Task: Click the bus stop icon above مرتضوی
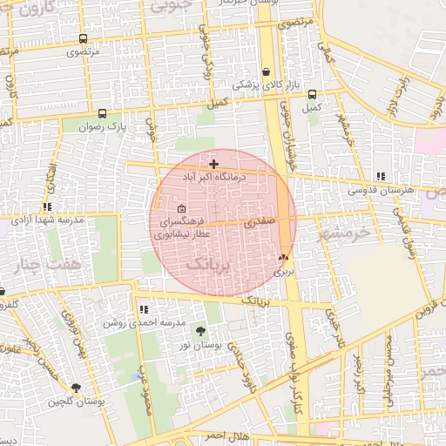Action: tap(83, 39)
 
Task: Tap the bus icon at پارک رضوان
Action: tap(103, 114)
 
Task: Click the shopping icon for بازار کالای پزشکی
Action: tap(267, 72)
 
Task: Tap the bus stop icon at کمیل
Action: tap(312, 95)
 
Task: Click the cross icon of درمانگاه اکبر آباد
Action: tap(214, 164)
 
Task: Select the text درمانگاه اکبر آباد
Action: tap(214, 177)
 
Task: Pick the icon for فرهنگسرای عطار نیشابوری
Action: tap(181, 209)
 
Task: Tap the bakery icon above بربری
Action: tap(282, 258)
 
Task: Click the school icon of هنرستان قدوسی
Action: tap(380, 176)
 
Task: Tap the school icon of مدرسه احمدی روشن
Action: tap(144, 309)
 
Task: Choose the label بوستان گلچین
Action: tap(77, 402)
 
